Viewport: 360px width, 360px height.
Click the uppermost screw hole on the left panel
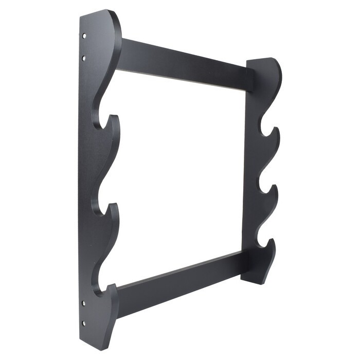84,36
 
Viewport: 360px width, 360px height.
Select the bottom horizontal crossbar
180,278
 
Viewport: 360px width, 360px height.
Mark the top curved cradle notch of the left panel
98,122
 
